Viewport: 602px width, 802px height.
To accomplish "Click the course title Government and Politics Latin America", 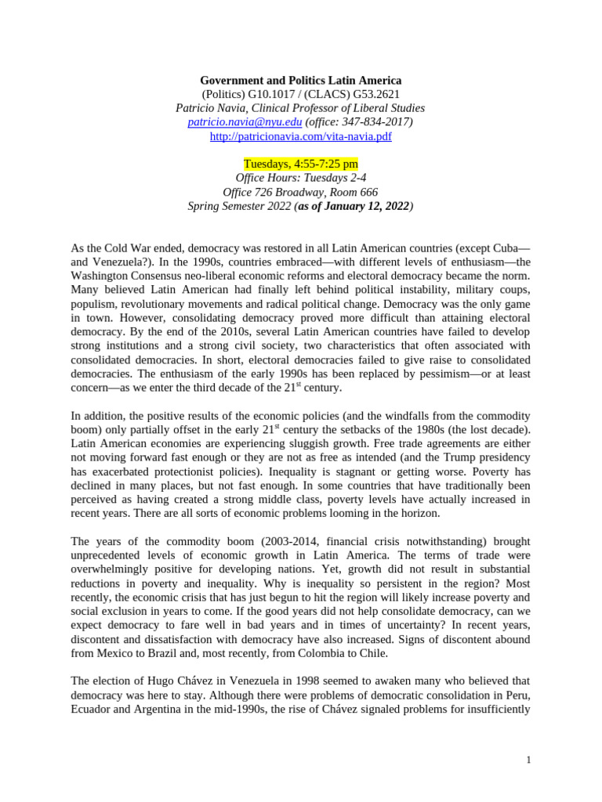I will point(300,80).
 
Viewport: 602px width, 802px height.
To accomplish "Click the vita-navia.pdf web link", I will point(300,136).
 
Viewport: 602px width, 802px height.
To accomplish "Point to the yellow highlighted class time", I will point(300,164).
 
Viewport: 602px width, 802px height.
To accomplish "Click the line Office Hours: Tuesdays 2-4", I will point(300,178).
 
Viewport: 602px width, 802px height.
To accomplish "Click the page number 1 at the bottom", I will point(529,760).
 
